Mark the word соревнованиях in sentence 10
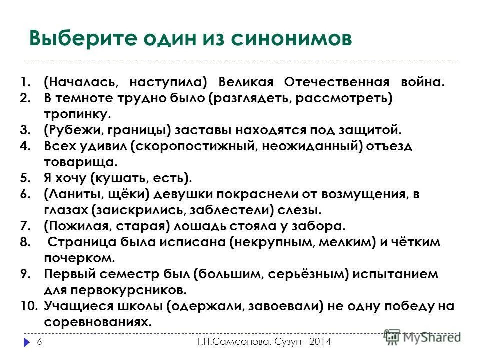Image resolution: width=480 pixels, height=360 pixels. [97, 322]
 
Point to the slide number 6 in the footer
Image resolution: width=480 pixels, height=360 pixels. [39, 342]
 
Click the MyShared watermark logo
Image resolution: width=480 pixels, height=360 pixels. [423, 338]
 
